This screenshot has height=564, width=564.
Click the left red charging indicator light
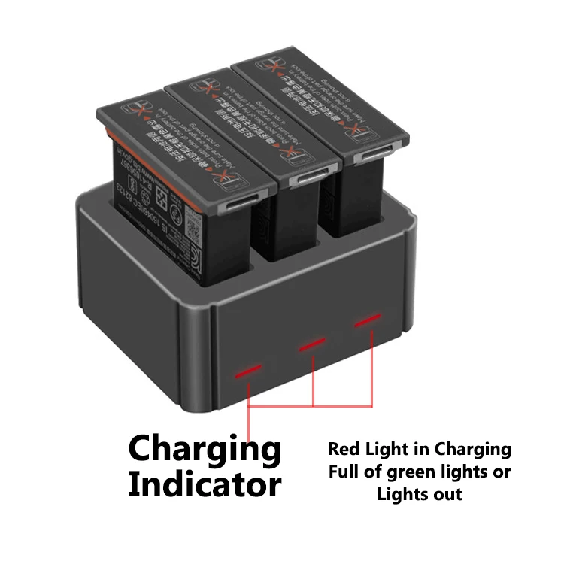pyautogui.click(x=248, y=371)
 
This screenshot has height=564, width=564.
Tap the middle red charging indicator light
pyautogui.click(x=312, y=344)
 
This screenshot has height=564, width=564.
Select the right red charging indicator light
pyautogui.click(x=368, y=321)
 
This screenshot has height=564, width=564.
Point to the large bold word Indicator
pyautogui.click(x=205, y=485)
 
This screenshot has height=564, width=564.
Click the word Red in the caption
pyautogui.click(x=344, y=450)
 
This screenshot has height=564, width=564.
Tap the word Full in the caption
pyautogui.click(x=345, y=472)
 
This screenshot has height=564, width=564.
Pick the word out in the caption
pyautogui.click(x=447, y=494)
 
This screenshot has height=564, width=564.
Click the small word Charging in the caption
pyautogui.click(x=472, y=450)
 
